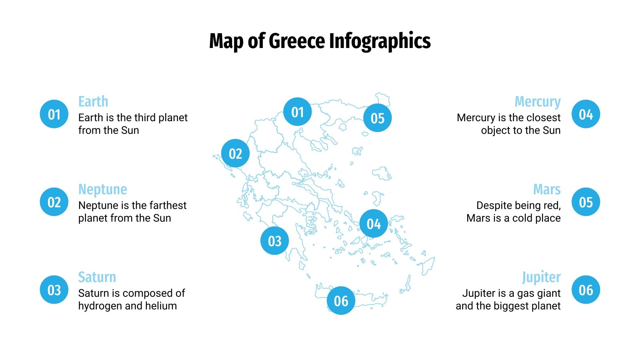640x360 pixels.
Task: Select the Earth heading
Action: (x=93, y=102)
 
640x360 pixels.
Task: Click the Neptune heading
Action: (x=103, y=189)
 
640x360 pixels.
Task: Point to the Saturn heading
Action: (x=97, y=277)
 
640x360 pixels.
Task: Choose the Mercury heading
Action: (x=538, y=102)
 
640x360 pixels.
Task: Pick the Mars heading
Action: (x=547, y=189)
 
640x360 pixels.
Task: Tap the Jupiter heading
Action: (x=541, y=277)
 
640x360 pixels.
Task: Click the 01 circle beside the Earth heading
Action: (x=54, y=114)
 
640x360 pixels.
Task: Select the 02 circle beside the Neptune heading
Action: (x=54, y=202)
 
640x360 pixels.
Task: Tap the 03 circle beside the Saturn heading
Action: (x=54, y=290)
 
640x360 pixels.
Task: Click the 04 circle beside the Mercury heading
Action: (x=586, y=114)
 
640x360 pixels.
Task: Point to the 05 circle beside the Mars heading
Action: (x=586, y=202)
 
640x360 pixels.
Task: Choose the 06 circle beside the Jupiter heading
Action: (x=586, y=290)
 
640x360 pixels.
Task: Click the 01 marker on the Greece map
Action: (x=297, y=112)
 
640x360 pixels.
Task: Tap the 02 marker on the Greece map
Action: (x=235, y=154)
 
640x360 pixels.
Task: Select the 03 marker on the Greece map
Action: (x=274, y=241)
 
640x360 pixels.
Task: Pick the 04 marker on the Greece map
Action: (x=374, y=224)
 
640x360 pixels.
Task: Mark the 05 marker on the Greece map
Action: (x=377, y=118)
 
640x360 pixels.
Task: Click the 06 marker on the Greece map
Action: (x=341, y=300)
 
